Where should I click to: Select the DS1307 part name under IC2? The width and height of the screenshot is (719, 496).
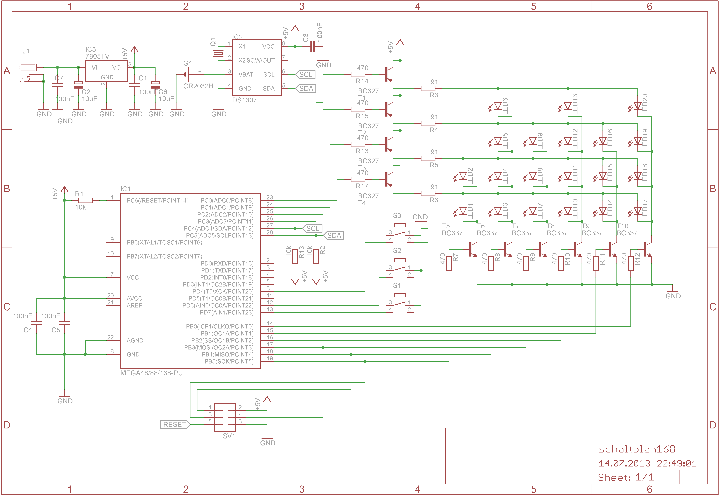click(x=245, y=100)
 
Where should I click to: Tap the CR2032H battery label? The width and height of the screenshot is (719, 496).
click(x=198, y=86)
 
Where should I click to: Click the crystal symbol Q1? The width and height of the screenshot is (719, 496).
click(x=218, y=53)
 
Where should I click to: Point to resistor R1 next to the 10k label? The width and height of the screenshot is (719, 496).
click(x=85, y=200)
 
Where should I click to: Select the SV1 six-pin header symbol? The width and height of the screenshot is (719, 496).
click(x=225, y=417)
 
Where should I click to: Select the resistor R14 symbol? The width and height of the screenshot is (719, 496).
click(x=358, y=74)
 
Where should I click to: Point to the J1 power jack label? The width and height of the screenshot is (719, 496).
click(x=26, y=51)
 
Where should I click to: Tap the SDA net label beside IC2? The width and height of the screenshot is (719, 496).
click(x=306, y=89)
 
